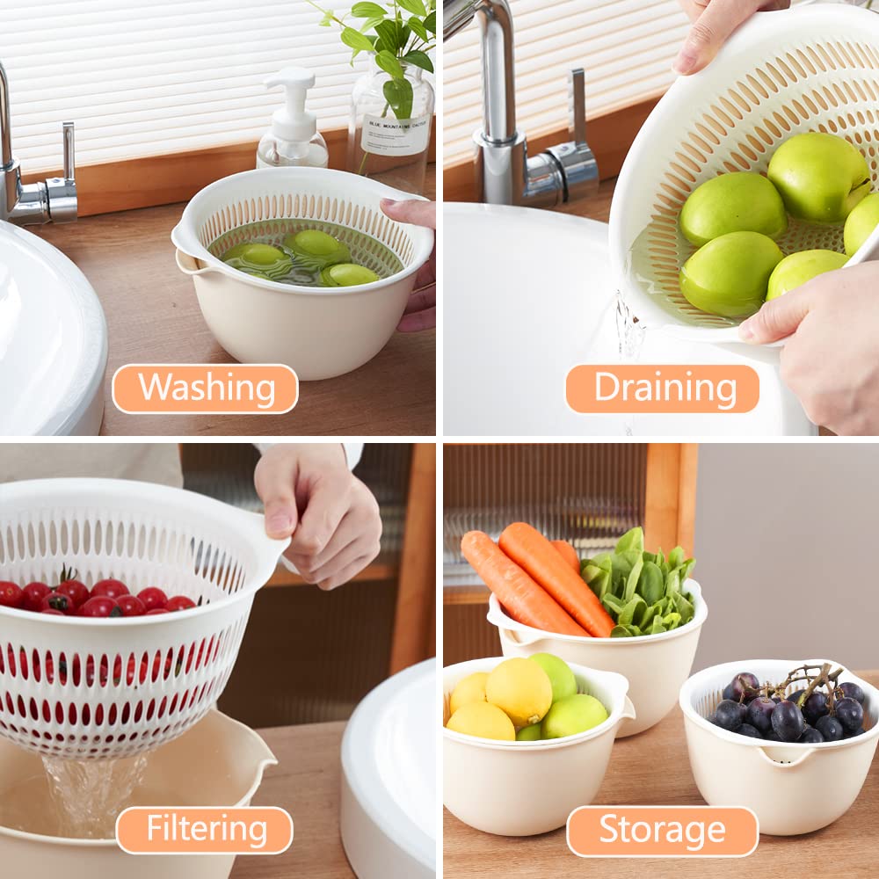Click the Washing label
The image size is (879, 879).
coord(205,389)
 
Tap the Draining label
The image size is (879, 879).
coord(662,389)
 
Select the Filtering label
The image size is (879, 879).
coord(204,830)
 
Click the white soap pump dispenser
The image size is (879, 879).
coord(291,123)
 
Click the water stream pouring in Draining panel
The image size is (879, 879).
coord(628,330)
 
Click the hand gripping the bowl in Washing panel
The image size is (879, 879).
coord(415,264)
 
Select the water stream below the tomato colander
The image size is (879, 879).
coord(92,791)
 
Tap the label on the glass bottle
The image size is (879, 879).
coord(395,134)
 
